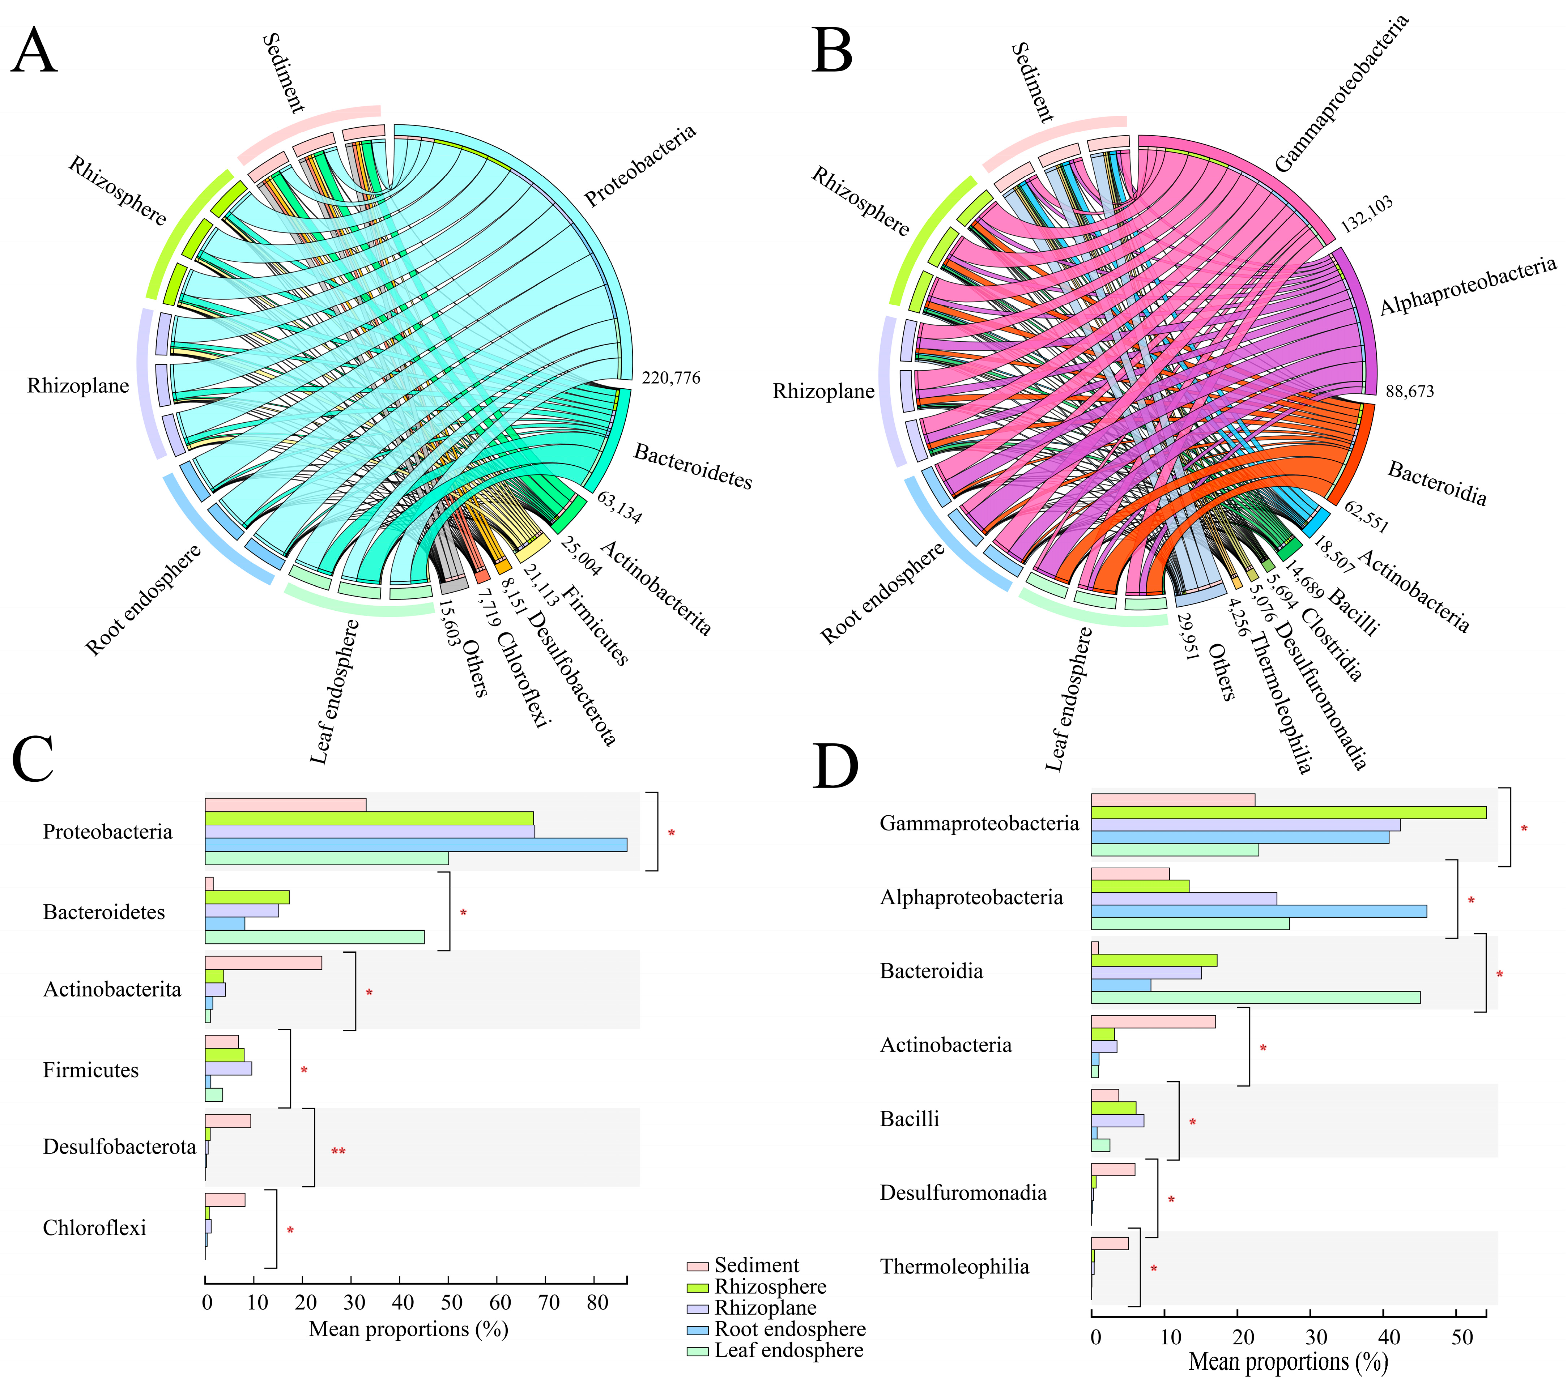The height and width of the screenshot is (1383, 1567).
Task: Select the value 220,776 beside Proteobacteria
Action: click(x=671, y=378)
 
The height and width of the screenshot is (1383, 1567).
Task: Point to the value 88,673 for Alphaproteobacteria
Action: click(x=1409, y=392)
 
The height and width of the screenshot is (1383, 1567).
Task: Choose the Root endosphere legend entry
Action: click(x=789, y=1329)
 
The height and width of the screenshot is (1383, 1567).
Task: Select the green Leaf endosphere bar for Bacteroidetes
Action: click(x=314, y=937)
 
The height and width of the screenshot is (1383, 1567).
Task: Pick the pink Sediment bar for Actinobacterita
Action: click(x=263, y=963)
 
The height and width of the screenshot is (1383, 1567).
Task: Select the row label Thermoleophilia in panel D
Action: click(x=954, y=1267)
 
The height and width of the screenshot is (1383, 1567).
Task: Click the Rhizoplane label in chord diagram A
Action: click(x=78, y=386)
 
